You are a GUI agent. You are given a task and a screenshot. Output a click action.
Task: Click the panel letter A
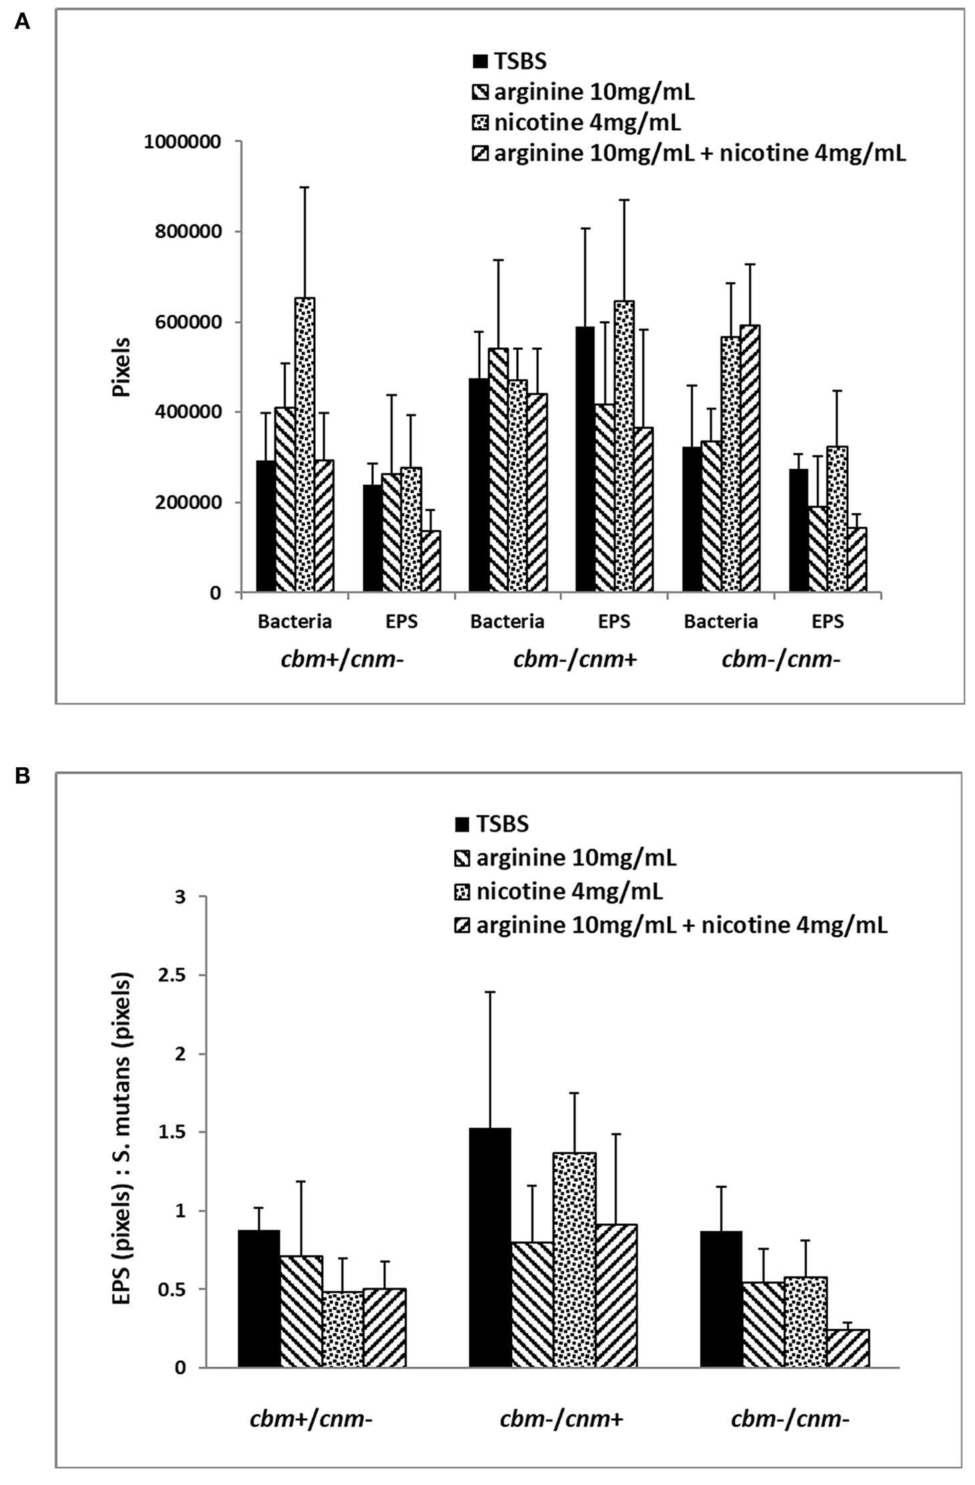[x=22, y=22]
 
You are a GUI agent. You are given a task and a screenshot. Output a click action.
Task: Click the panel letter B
[x=22, y=777]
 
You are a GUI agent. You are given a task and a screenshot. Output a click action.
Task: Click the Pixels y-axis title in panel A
[x=122, y=367]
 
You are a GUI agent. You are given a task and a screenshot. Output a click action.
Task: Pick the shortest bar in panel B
[x=847, y=1348]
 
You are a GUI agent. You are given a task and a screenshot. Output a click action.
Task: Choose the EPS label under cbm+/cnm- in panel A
[x=401, y=622]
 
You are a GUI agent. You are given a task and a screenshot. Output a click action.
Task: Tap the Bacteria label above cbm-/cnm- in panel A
[x=721, y=622]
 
